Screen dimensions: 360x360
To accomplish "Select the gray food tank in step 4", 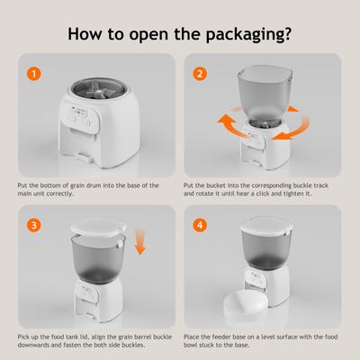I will point(266,261).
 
